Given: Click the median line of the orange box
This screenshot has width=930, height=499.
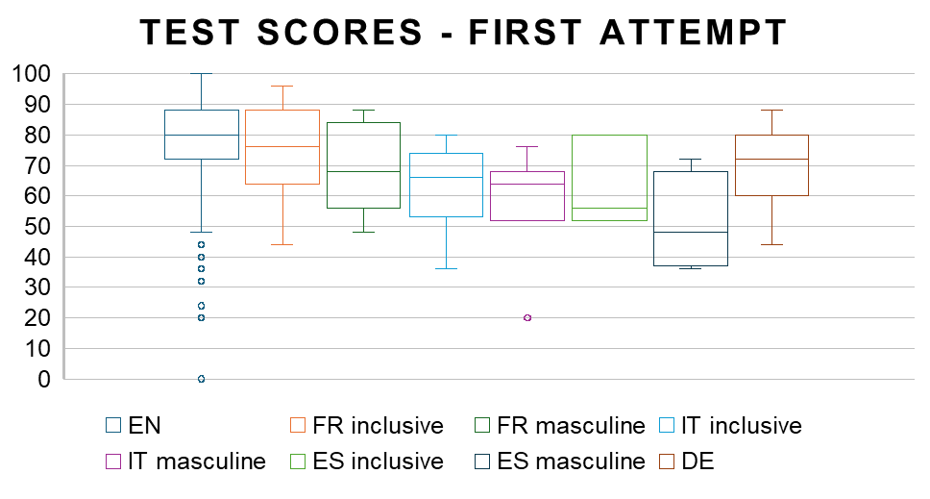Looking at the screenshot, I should (282, 146).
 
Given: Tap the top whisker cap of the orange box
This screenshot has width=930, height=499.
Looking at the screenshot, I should (282, 86).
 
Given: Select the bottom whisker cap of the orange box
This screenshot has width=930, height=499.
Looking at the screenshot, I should (282, 244).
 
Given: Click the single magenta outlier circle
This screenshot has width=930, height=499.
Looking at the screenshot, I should (527, 317).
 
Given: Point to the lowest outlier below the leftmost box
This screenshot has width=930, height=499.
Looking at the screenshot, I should (201, 379).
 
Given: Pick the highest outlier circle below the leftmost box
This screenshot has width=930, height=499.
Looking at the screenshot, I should (201, 244).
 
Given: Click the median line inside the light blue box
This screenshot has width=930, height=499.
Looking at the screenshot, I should (446, 177).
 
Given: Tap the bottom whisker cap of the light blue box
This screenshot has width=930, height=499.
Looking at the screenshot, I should (446, 268).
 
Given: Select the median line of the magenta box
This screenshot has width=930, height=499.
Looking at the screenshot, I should (527, 184).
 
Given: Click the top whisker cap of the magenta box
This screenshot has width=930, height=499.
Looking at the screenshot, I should (527, 146).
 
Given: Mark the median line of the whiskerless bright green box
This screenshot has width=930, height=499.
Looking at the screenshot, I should (609, 208).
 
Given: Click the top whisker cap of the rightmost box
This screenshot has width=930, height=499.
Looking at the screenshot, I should (771, 110).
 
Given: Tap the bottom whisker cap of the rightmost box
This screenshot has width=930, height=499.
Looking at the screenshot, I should (771, 244).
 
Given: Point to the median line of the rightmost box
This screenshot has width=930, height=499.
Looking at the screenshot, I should (771, 159).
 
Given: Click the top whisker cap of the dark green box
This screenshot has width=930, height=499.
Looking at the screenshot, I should (364, 110).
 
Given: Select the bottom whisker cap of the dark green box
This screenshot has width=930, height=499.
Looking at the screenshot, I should (364, 232).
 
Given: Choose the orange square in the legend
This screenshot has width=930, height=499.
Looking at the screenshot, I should (298, 425).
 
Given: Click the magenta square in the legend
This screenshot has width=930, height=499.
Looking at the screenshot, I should (113, 462).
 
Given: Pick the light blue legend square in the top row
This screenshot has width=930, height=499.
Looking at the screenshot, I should (667, 425).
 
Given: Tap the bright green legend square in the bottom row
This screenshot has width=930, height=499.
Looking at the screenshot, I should (298, 462).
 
